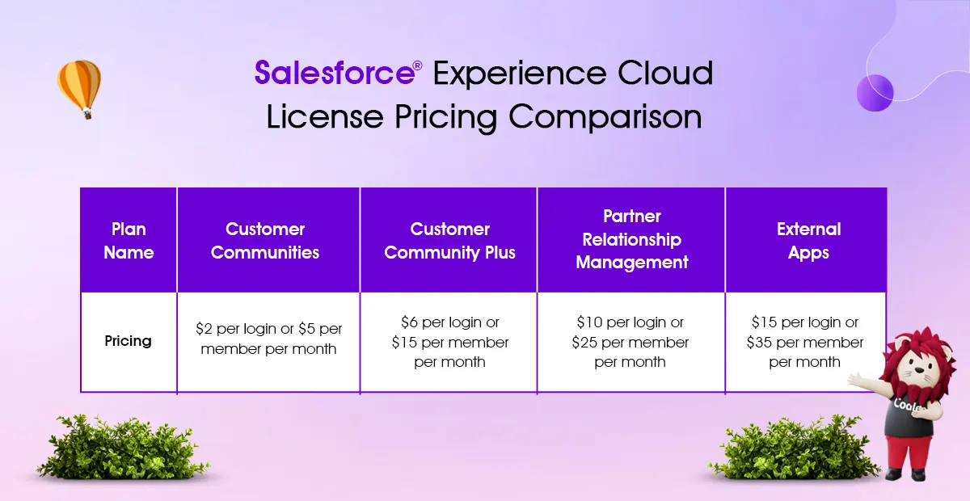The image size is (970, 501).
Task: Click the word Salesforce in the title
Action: (x=335, y=72)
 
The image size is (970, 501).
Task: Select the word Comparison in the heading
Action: (x=605, y=118)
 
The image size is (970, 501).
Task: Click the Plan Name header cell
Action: (x=129, y=240)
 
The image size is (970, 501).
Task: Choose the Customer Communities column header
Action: (x=268, y=240)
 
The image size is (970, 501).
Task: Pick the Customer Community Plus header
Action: (x=448, y=240)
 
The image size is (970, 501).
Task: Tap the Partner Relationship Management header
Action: (x=631, y=240)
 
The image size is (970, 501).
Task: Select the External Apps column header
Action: (x=806, y=240)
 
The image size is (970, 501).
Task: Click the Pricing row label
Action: (x=129, y=341)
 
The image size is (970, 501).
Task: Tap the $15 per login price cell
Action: (x=805, y=342)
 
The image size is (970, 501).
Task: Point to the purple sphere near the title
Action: (x=875, y=93)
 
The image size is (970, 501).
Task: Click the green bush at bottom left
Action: (x=123, y=448)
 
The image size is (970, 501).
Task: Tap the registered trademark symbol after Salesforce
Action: (x=417, y=65)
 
